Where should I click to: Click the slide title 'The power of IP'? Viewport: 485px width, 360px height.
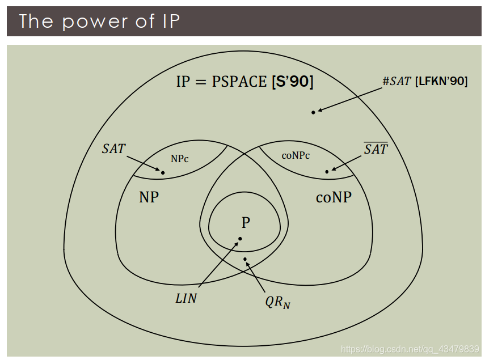pos(99,22)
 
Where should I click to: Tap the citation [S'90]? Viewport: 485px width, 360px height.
pos(292,82)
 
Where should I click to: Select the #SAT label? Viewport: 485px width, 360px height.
pos(397,82)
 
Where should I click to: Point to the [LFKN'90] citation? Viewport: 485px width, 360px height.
pos(441,82)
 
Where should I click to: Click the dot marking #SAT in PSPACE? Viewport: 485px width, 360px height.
pos(313,112)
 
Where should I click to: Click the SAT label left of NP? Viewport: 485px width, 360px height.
pos(113,149)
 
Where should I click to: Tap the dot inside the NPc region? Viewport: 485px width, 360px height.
pos(163,172)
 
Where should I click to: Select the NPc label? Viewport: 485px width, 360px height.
pos(179,159)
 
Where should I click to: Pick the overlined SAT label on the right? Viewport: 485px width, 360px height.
pos(376,149)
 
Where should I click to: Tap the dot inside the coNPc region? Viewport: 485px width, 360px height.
pos(327,171)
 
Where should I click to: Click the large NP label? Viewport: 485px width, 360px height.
pos(149,197)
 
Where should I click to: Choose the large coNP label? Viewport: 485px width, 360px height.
pos(334,197)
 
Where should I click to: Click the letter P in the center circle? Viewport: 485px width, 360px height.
pos(246,222)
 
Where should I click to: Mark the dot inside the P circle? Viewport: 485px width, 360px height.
pos(240,239)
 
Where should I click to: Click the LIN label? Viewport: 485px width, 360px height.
pos(186,298)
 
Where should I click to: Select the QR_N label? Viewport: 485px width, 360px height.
pos(277,302)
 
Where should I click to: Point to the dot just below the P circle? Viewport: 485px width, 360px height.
pos(246,260)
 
